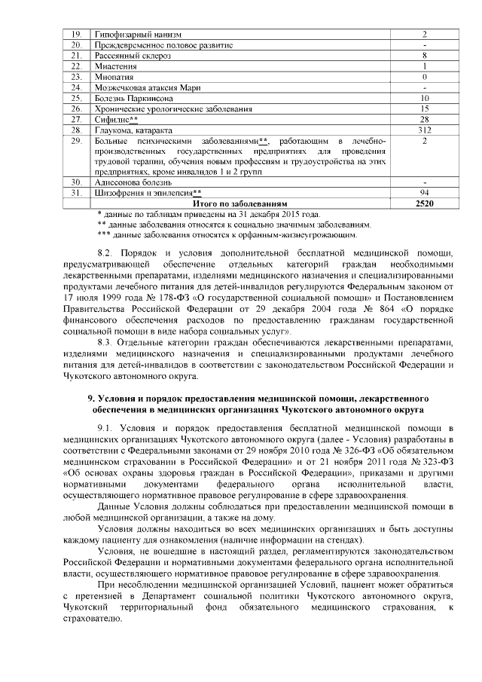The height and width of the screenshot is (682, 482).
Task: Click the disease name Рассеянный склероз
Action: tap(133, 56)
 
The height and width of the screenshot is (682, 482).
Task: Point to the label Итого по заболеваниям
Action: tap(240, 203)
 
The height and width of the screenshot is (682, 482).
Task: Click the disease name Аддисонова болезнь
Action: tap(133, 182)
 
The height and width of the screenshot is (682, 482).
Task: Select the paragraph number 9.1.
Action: tap(109, 429)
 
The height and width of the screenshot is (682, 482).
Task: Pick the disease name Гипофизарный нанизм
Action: tap(138, 35)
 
